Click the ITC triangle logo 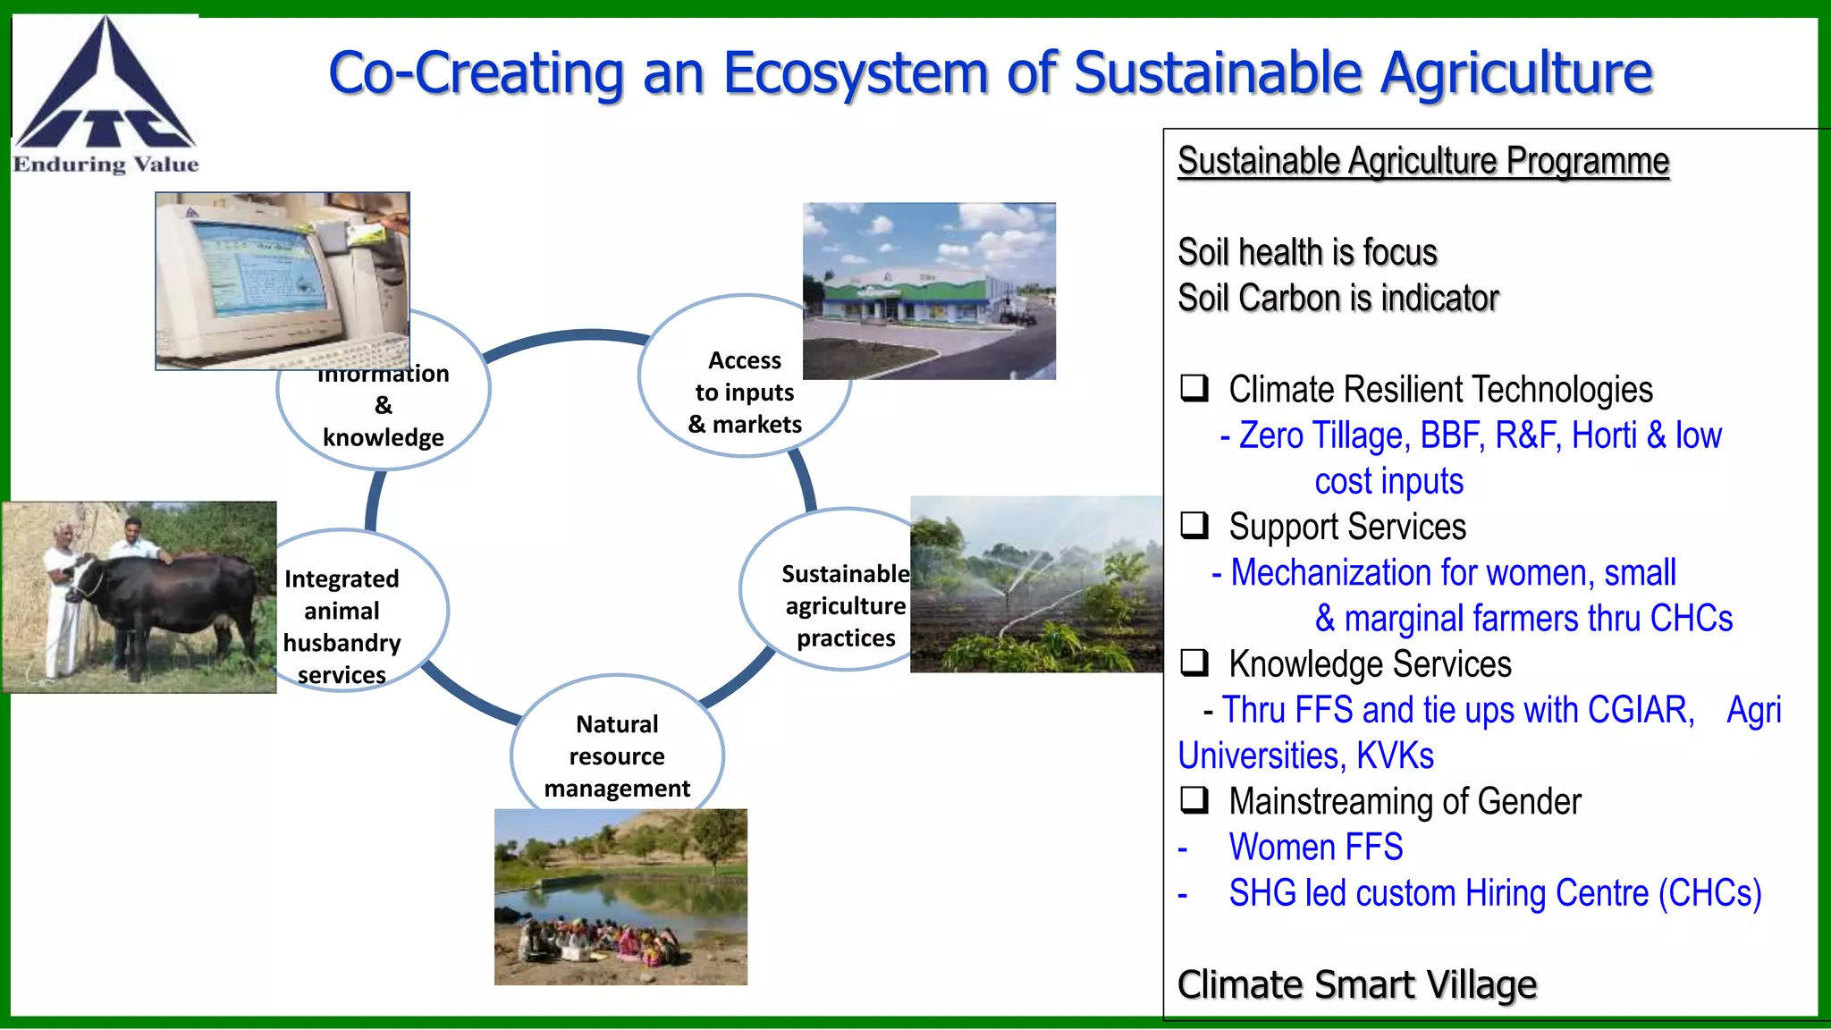coord(105,89)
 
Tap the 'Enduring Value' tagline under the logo coord(105,165)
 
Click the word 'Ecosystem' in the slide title coord(855,73)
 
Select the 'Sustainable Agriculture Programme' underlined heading coord(1422,162)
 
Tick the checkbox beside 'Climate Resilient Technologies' coord(1194,388)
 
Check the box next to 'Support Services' coord(1194,525)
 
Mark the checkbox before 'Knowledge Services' coord(1194,663)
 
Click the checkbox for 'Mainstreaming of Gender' coord(1194,799)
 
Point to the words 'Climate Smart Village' coord(1356,984)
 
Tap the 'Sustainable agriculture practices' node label coord(845,605)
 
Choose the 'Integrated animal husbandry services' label coord(342,626)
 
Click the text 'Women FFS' coord(1315,847)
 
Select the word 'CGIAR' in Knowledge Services coord(1640,710)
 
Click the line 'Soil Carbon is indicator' coord(1337,299)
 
